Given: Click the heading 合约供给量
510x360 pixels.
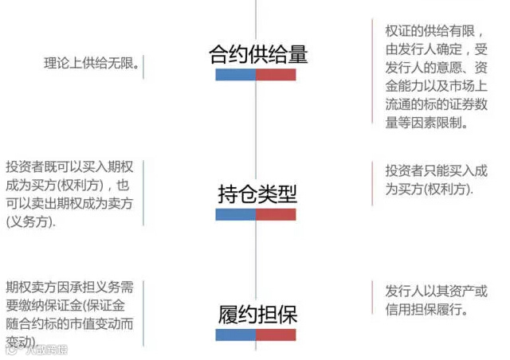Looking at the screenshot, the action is point(257,54).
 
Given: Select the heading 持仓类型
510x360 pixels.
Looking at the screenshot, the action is point(257,194).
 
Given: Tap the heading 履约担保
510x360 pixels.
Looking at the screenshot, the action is point(257,315).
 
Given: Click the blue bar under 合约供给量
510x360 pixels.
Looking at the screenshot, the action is point(236,75).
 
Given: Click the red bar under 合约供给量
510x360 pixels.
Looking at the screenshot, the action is point(277,75).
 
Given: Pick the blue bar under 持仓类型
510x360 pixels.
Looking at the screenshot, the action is point(236,214).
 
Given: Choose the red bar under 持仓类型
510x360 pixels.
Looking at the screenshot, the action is point(277,214).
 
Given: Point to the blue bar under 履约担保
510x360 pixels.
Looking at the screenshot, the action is point(236,335).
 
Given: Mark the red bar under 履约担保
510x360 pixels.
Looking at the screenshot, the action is point(277,335).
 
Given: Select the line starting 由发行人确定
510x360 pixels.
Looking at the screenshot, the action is point(436,49).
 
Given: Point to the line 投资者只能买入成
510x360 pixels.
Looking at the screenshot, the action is point(437,170).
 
